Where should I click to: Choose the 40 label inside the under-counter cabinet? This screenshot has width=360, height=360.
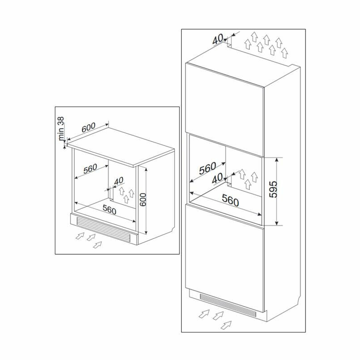[x=118, y=181]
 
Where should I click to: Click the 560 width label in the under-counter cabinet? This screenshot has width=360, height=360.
[x=109, y=210]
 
